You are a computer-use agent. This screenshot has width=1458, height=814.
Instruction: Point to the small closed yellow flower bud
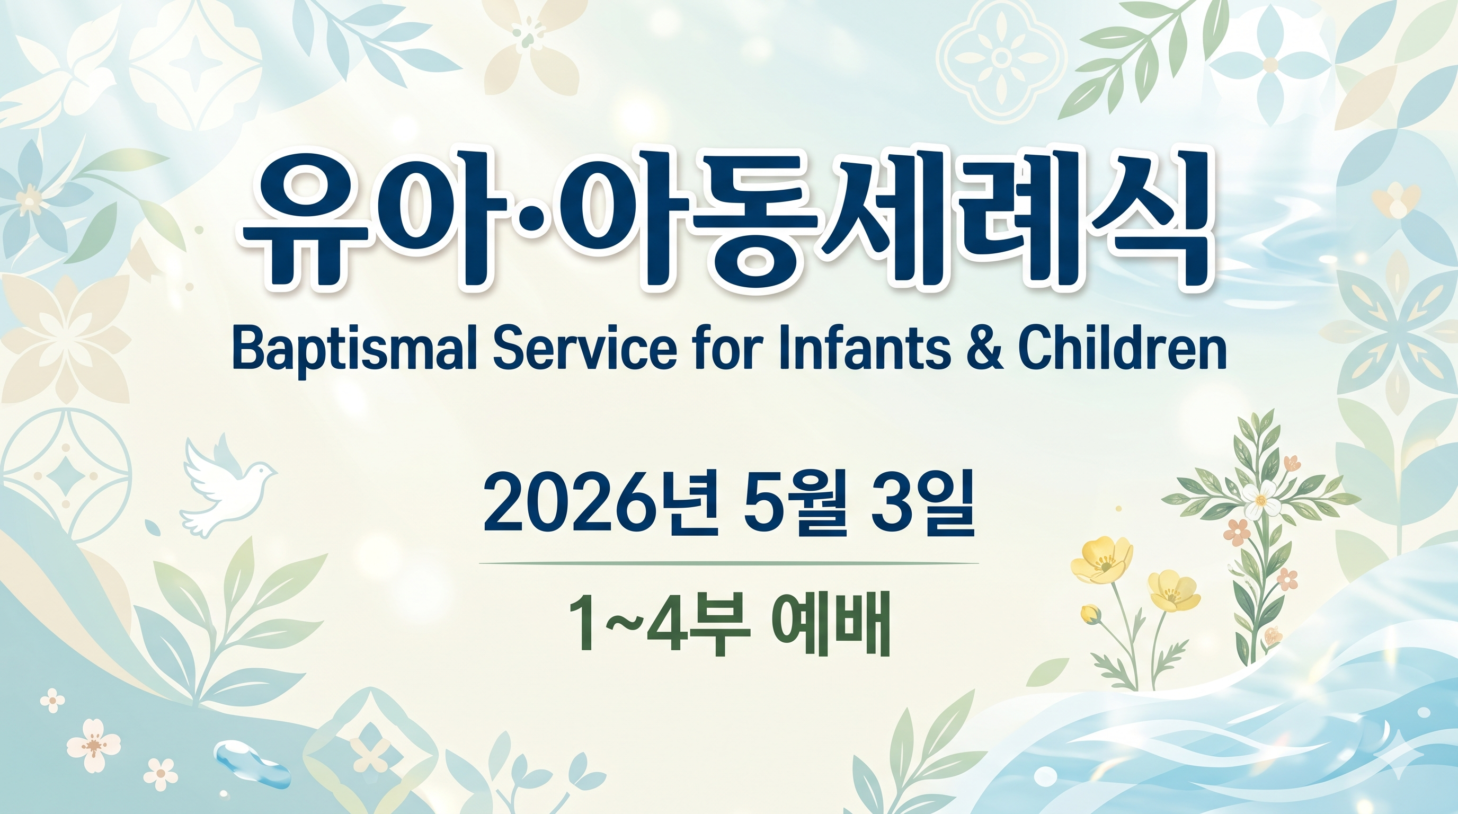[x=1090, y=614]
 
